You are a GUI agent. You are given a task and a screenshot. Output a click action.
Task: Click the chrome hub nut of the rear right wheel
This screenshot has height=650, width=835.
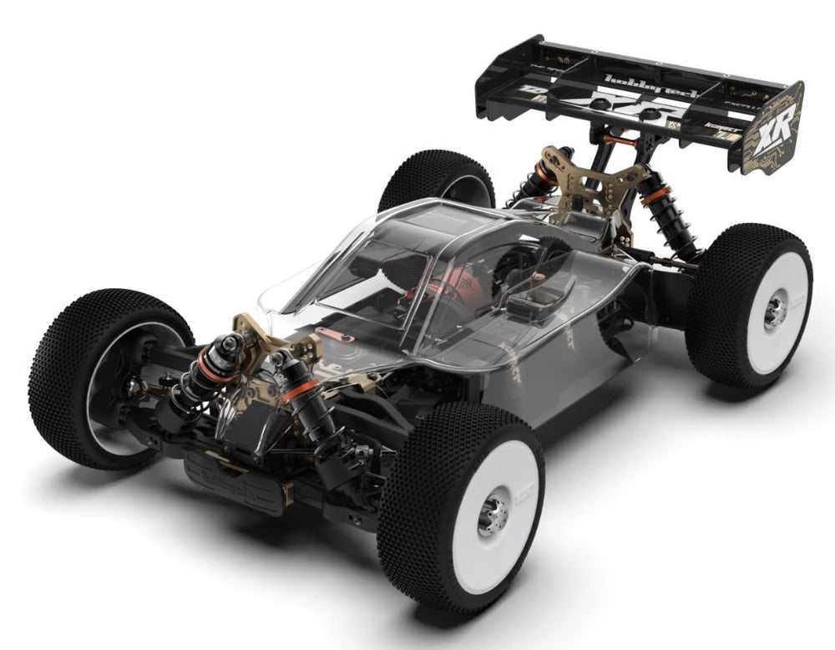point(774,310)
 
